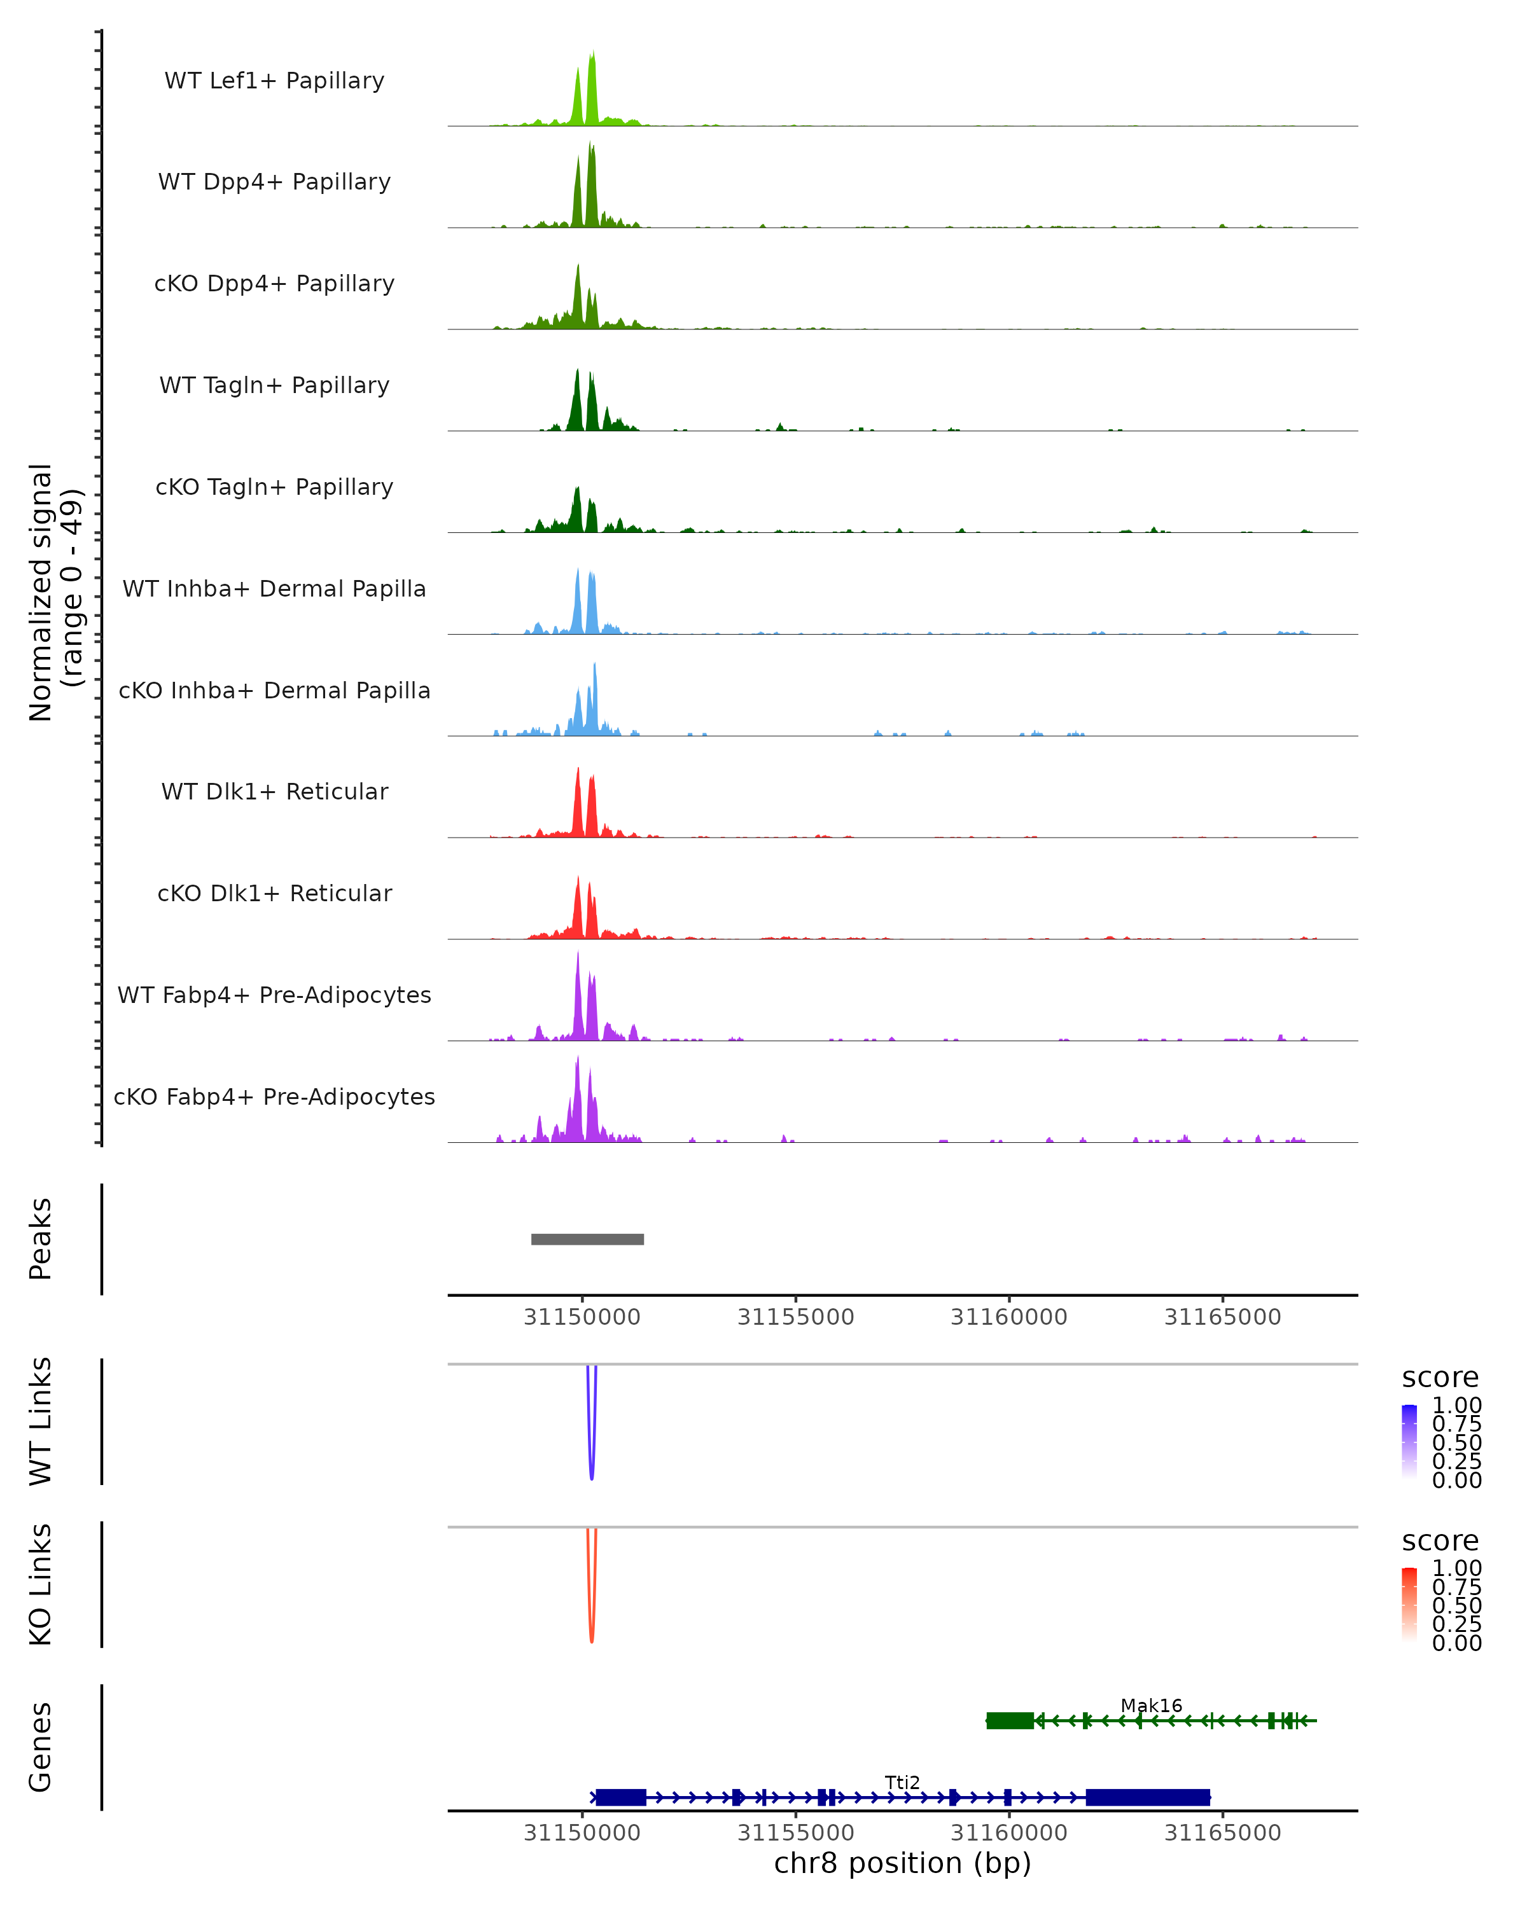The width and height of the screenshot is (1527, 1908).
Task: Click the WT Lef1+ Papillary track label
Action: [x=274, y=81]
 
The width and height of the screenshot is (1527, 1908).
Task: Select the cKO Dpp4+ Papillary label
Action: [x=274, y=284]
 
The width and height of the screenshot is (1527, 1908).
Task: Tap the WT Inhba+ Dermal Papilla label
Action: [x=274, y=590]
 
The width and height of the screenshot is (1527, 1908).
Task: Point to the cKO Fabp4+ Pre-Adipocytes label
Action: [x=274, y=1097]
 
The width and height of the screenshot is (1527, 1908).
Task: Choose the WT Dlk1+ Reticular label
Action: [x=274, y=792]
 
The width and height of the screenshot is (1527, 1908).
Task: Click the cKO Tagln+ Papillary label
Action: [x=274, y=488]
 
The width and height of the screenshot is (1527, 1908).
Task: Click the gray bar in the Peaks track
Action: [x=587, y=1239]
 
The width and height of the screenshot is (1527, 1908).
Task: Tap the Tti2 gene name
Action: [x=902, y=1782]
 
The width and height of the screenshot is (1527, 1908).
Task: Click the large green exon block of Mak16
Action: [x=1010, y=1720]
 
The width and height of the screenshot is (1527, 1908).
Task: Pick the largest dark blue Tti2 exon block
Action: [x=1147, y=1797]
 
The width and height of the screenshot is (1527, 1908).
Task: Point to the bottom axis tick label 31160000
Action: [x=1008, y=1833]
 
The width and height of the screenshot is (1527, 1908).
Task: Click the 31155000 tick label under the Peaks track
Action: [x=795, y=1318]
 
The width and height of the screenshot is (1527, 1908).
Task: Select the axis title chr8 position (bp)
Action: [x=902, y=1863]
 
